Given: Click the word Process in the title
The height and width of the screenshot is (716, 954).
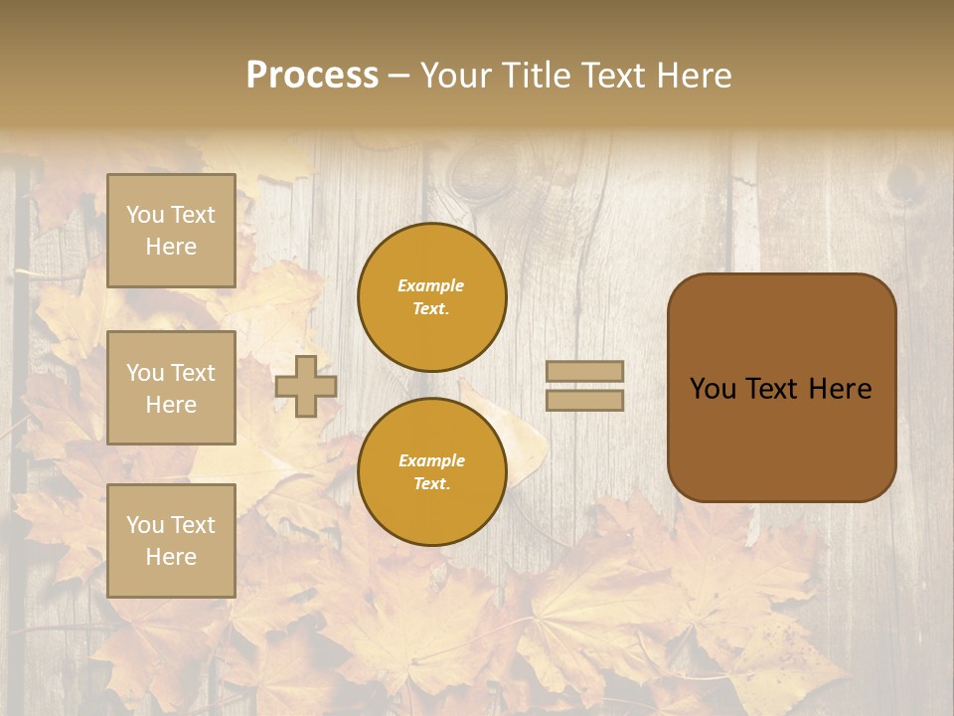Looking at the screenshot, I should point(312,76).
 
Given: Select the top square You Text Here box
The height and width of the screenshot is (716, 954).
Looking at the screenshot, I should point(171,231).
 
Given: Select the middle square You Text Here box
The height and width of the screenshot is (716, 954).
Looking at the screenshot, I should point(171,388).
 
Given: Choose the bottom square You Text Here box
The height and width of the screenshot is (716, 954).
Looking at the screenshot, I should point(171,540).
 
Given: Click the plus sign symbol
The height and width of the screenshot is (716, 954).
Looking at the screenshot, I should point(306,387).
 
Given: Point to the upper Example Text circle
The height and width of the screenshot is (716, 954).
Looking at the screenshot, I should point(431,297).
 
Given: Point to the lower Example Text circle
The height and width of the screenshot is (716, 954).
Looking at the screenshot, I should point(431,472).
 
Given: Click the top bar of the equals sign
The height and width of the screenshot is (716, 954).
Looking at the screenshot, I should point(584,372).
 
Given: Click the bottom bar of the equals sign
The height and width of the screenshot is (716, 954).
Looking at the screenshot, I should point(584,401).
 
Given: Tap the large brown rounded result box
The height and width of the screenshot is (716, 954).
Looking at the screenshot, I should point(781,438).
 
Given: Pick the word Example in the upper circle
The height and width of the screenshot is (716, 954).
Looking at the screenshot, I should point(431,286).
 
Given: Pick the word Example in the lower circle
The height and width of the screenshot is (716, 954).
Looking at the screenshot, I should point(431,461).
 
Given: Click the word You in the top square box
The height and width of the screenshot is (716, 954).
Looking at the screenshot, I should point(145,215).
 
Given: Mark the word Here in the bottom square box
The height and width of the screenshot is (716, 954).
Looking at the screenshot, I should point(171,557).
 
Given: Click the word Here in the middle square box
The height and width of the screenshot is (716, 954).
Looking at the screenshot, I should point(171,405).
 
